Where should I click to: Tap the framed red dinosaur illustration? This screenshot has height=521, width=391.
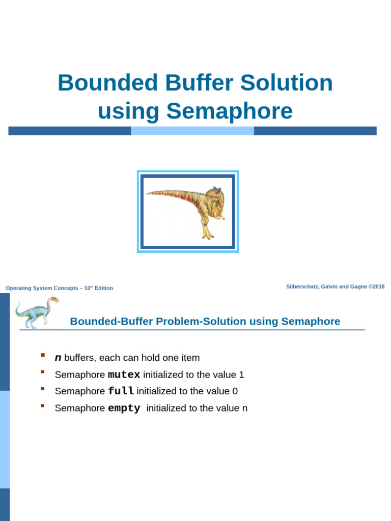tap(188, 212)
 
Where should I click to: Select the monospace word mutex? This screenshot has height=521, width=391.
tap(124, 375)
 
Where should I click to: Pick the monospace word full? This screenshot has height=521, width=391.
tap(121, 391)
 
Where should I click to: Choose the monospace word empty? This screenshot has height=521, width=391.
tap(124, 408)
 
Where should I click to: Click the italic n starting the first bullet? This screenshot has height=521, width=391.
tap(58, 358)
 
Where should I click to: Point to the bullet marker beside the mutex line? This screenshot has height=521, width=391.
tap(43, 372)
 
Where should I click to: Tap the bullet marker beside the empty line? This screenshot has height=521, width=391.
tap(43, 406)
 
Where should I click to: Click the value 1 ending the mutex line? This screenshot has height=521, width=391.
tap(241, 375)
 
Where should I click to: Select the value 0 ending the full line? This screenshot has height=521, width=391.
tap(235, 391)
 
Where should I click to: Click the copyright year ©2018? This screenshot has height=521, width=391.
tap(377, 286)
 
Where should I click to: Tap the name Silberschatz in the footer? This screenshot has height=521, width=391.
tap(303, 286)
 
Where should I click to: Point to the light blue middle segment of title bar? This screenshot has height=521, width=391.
tap(192, 131)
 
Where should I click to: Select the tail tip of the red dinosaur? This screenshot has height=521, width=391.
tap(149, 193)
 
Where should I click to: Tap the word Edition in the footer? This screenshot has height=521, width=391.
tap(103, 288)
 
